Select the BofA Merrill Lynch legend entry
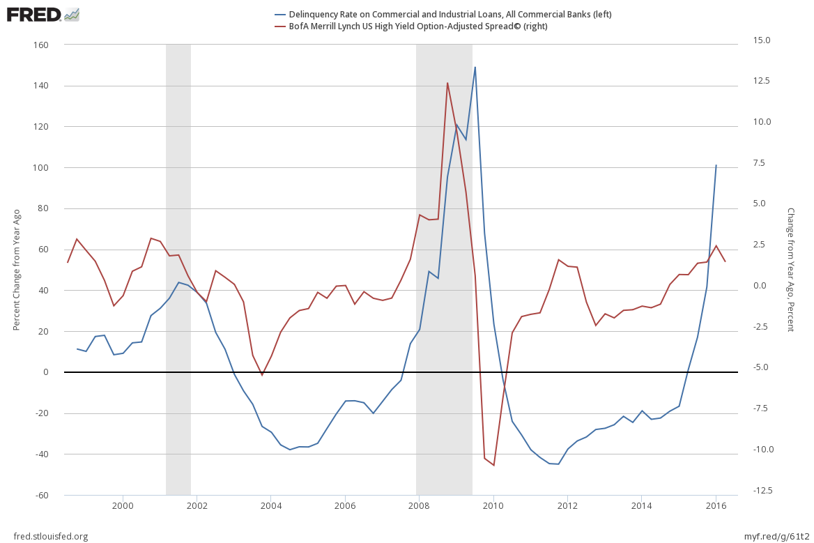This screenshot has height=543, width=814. point(412,26)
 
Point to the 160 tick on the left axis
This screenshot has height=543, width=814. point(40,45)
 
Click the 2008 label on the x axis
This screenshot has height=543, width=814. point(419,505)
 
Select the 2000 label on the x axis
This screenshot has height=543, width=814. point(123,505)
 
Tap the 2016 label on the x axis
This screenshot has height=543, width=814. point(716,505)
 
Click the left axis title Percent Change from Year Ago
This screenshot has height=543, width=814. point(17,270)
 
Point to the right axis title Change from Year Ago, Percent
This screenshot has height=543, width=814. point(790,270)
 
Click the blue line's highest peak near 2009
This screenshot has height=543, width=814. point(475,68)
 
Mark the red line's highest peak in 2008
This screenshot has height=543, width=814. point(447,83)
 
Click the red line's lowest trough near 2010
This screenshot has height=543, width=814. point(493,465)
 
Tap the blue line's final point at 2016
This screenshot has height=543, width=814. point(716,165)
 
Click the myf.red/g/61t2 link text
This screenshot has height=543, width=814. point(774,536)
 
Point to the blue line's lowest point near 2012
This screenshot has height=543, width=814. point(558,464)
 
